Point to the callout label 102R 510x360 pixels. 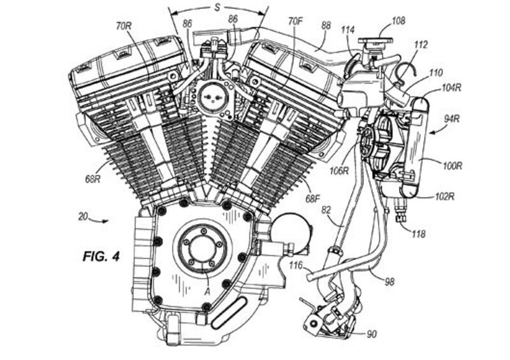click(x=444, y=196)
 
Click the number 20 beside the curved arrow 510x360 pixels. click(x=82, y=217)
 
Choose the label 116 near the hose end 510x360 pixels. click(x=295, y=264)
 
